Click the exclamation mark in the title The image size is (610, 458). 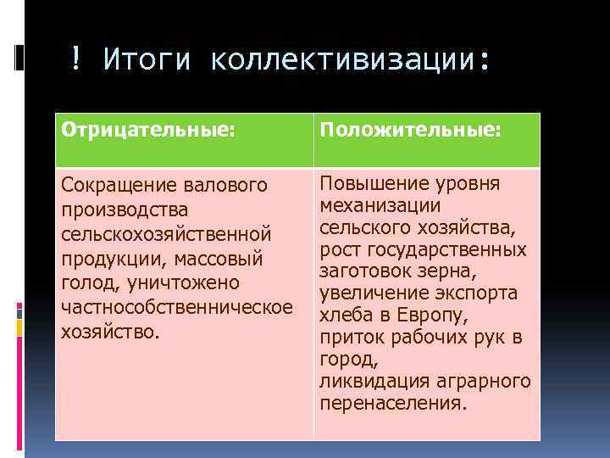point(76,60)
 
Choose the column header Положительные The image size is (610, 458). point(410,133)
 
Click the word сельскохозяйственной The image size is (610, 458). point(166,233)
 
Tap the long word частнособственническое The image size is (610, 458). point(176,306)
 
